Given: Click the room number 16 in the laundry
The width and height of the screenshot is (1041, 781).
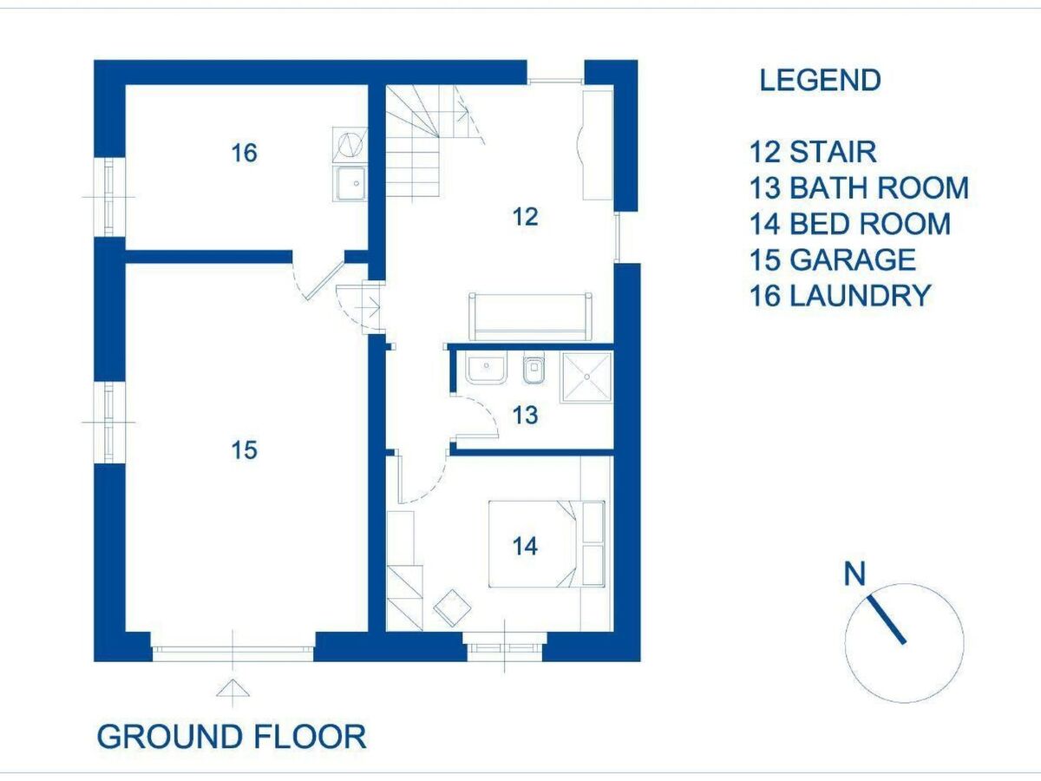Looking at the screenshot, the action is [x=245, y=153].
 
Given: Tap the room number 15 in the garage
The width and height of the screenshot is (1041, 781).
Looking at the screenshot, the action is [x=245, y=450].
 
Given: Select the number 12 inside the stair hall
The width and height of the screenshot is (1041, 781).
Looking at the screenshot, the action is [x=526, y=217].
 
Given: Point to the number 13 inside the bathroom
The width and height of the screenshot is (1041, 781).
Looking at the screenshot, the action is [x=526, y=415].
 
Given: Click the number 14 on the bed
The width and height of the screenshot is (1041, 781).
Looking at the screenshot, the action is [x=526, y=547].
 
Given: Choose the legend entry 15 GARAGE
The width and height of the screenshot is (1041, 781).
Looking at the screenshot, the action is [x=833, y=259].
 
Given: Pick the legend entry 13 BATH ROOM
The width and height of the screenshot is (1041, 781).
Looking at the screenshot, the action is [x=860, y=187].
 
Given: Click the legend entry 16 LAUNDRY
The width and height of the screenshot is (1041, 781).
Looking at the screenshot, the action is [x=841, y=295].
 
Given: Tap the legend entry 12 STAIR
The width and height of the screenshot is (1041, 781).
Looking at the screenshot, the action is [x=813, y=152].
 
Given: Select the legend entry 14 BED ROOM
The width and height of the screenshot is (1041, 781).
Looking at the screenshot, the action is [x=850, y=223].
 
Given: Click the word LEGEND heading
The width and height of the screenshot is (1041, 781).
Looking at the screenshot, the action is [x=821, y=80].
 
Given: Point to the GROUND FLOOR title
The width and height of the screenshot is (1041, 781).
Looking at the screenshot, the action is [x=232, y=737].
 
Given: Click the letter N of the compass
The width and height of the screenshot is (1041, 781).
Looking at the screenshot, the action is [x=854, y=574].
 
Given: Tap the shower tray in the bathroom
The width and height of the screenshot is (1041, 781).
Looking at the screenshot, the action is [x=586, y=377].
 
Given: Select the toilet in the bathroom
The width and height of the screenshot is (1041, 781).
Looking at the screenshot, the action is [x=534, y=370].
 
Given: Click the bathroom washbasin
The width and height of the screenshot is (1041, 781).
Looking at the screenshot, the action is [x=486, y=369].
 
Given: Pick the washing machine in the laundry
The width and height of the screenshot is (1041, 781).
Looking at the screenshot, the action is [x=350, y=144].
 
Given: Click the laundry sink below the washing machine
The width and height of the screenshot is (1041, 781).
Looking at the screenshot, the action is [x=350, y=183].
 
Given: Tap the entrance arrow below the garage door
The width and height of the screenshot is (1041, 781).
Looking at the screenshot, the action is [x=232, y=691].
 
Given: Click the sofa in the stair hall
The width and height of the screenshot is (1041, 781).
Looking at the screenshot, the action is [x=530, y=316].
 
